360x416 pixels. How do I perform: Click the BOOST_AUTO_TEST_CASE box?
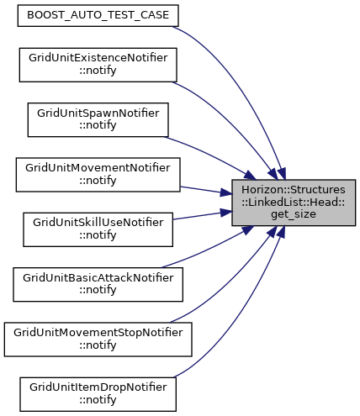98,15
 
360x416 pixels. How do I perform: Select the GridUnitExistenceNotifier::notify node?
98,65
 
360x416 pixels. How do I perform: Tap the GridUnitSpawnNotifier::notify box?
98,120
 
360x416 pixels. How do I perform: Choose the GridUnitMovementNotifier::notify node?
98,175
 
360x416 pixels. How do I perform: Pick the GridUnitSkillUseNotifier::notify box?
98,229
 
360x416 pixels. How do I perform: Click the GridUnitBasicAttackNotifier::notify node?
98,285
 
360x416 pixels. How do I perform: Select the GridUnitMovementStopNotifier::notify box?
98,340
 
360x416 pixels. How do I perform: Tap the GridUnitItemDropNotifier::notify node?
98,394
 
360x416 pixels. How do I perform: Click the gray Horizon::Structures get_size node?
294,203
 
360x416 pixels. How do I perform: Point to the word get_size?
294,214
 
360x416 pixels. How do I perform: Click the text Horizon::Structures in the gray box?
294,190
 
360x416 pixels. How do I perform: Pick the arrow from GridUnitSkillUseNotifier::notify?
203,215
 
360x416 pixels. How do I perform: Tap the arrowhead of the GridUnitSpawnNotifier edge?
250,176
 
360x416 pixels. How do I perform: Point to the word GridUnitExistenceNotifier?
98,58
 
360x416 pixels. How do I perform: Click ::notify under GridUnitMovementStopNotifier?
98,345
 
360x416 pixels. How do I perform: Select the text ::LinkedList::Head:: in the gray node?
294,202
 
